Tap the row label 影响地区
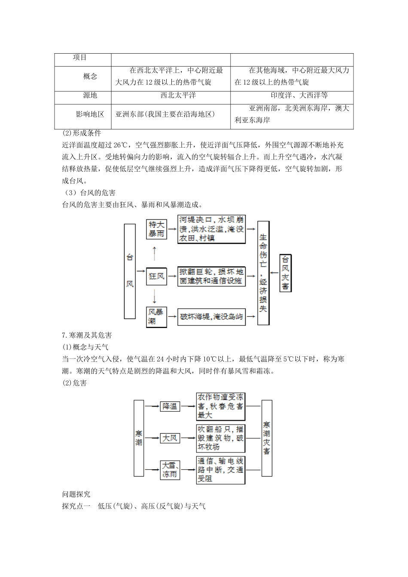click(90, 114)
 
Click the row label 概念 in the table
click(90, 76)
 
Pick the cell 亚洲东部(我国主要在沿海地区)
click(165, 114)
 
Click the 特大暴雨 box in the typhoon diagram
click(156, 229)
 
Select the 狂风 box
click(156, 275)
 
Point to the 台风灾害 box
click(285, 273)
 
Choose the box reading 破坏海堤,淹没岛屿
click(211, 317)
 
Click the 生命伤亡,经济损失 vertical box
click(263, 273)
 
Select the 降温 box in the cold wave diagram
click(170, 406)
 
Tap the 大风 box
click(170, 438)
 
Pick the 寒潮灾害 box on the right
click(267, 438)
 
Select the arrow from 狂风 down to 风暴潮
click(154, 297)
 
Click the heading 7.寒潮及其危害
click(87, 335)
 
